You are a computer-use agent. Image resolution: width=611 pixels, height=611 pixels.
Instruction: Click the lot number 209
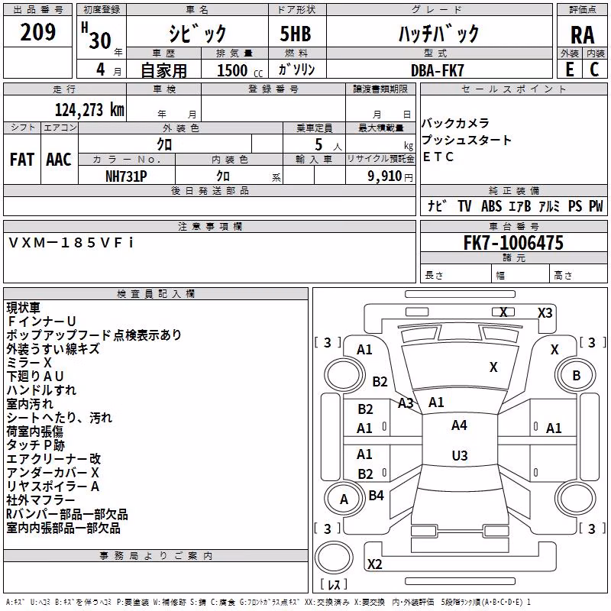37,32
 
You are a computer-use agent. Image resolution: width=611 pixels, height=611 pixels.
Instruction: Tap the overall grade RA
583,35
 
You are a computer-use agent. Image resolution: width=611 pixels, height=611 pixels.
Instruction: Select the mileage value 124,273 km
89,110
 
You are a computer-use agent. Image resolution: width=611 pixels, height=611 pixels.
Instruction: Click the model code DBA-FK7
438,70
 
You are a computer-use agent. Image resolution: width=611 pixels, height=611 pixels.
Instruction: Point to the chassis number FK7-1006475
513,243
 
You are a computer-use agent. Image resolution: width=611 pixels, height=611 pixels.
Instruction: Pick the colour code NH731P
126,176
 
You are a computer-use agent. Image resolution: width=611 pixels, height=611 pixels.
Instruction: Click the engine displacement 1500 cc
240,70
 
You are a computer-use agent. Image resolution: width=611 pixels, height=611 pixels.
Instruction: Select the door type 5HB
296,34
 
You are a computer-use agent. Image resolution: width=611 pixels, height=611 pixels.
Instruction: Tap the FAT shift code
22,160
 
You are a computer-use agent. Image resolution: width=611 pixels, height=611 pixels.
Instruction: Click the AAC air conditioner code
59,160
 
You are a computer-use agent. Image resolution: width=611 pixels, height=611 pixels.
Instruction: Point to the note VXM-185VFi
71,243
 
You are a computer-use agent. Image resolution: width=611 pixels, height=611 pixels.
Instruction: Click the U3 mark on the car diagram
460,455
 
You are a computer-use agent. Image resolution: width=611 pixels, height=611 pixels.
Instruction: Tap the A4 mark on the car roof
459,425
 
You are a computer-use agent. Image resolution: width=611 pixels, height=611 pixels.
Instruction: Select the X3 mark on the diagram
545,313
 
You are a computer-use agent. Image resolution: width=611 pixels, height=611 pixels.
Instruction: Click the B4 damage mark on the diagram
376,495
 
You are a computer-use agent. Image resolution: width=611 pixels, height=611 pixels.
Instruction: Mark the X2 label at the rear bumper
374,564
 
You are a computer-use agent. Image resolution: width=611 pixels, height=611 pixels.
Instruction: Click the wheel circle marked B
576,375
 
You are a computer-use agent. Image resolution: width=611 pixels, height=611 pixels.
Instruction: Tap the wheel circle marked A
344,499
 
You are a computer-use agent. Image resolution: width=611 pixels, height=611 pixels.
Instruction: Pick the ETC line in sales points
438,157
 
